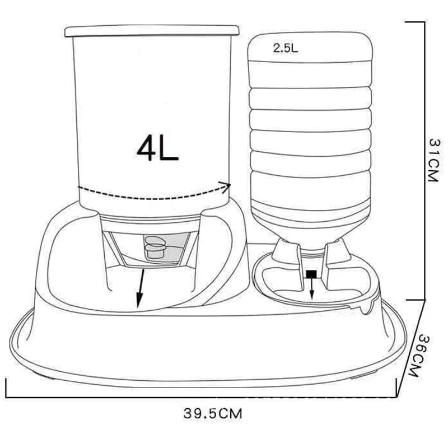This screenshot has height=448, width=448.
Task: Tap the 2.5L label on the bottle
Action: click(285, 48)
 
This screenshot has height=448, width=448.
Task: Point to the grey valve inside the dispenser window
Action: click(156, 246)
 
